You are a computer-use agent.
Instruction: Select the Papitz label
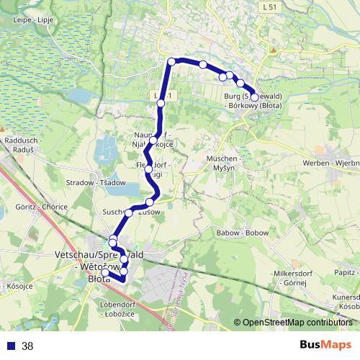pos(346,273)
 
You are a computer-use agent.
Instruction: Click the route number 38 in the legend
pos(27,346)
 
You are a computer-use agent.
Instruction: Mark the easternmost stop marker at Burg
pos(254,97)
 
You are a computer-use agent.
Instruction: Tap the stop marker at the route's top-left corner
pos(171,62)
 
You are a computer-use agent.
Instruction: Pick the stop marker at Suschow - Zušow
pos(150,202)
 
